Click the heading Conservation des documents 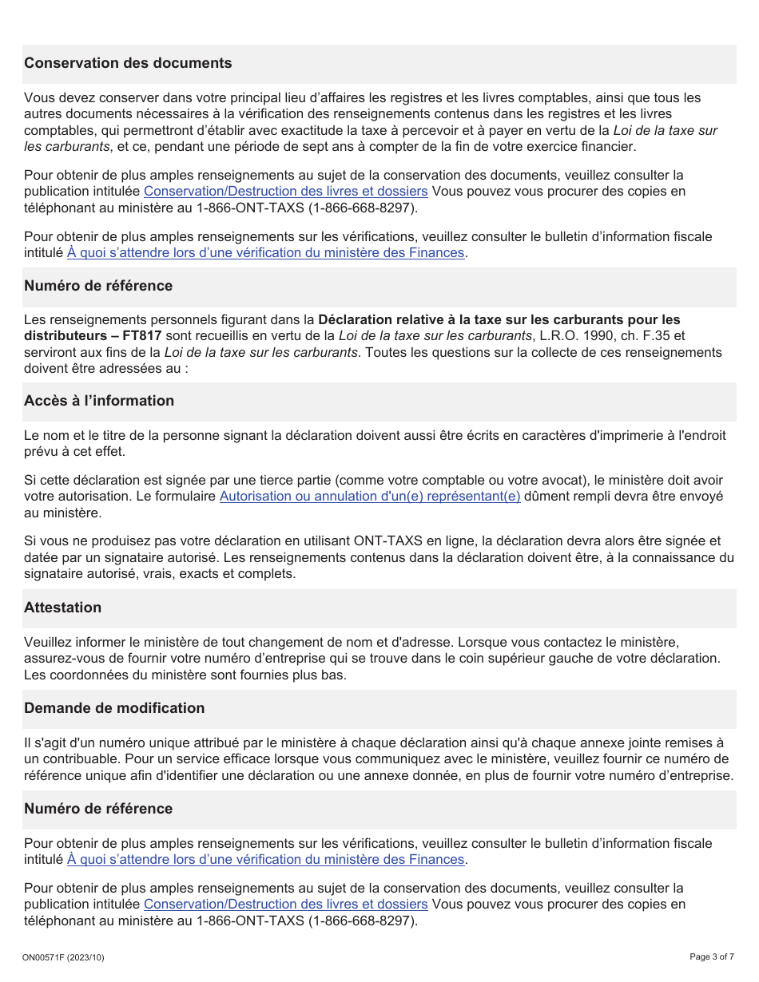click(128, 63)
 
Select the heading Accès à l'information click(99, 401)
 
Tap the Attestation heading click(62, 608)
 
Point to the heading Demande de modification click(114, 708)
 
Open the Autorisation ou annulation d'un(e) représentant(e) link click(370, 497)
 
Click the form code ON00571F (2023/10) click(64, 957)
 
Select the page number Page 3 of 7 click(713, 956)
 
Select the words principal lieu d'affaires click(288, 98)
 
